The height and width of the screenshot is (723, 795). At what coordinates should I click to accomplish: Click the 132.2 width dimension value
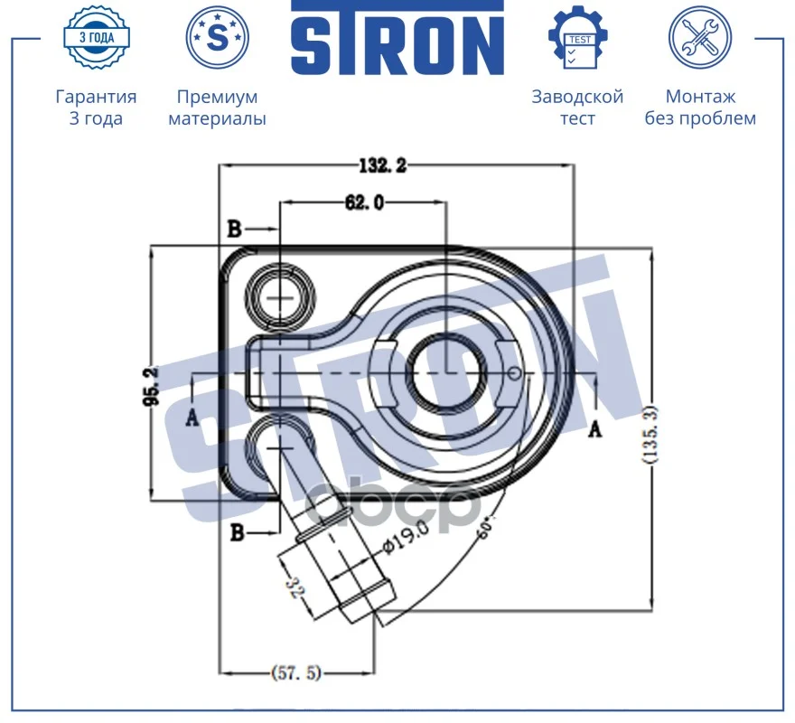pos(383,165)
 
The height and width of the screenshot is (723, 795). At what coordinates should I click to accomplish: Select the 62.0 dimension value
pos(364,202)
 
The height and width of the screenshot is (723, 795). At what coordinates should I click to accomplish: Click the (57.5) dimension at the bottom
pos(296,672)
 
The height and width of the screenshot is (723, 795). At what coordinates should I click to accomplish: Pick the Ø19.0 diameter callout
pos(406,538)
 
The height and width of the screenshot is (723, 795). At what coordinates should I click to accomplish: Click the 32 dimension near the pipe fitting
pos(296,587)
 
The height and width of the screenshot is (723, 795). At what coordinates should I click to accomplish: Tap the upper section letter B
pos(234,229)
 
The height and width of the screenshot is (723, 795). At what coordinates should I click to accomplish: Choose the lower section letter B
pos(237,532)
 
